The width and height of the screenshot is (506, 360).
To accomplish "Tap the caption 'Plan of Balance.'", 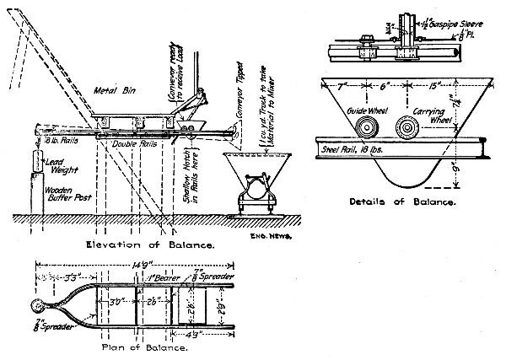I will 144,347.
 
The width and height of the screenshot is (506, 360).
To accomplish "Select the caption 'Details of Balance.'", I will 401,202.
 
